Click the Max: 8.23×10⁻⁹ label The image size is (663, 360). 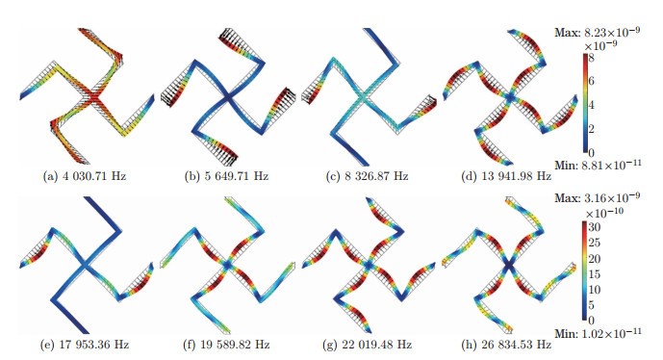pos(606,34)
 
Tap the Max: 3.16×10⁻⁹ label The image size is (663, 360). pos(606,198)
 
